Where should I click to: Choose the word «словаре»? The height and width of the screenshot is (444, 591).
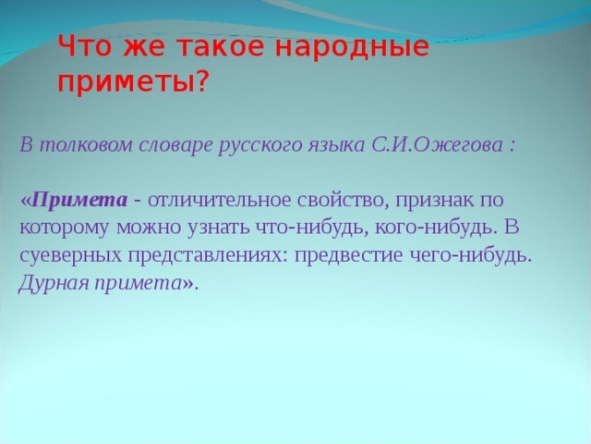click(167, 145)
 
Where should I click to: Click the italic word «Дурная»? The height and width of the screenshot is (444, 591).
click(52, 283)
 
